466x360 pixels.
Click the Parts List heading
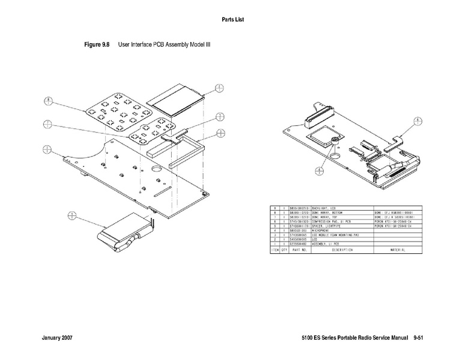(x=232, y=20)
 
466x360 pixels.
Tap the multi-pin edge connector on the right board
(x=317, y=118)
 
